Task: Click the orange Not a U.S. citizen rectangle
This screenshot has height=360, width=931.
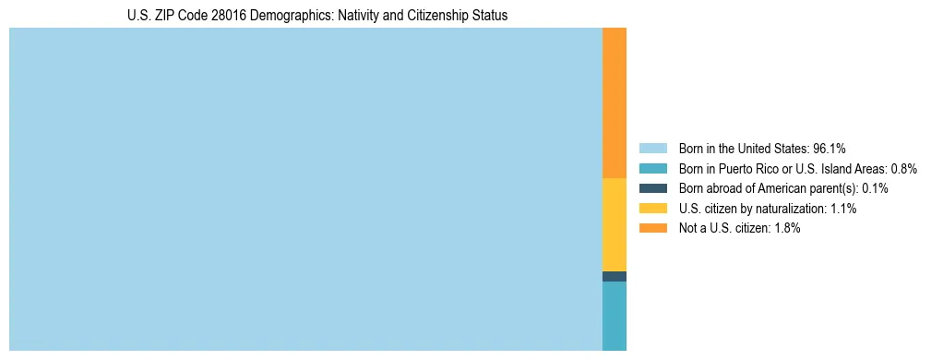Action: tap(615, 102)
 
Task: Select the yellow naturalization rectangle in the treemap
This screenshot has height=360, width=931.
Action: tap(615, 224)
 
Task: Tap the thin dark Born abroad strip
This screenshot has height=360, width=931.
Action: tap(615, 276)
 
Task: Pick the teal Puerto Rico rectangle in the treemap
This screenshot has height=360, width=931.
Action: tap(615, 316)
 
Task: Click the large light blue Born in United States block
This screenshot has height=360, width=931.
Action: tap(305, 189)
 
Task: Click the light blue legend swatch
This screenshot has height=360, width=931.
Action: tap(652, 149)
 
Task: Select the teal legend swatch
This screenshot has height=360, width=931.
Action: tap(652, 169)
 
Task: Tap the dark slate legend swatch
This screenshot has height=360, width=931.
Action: tap(652, 188)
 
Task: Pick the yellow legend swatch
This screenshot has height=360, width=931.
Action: tap(652, 209)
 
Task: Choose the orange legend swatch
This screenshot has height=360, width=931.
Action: tap(652, 229)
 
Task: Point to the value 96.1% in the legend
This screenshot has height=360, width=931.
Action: tap(830, 149)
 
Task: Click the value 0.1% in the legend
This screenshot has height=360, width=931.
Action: tap(875, 188)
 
